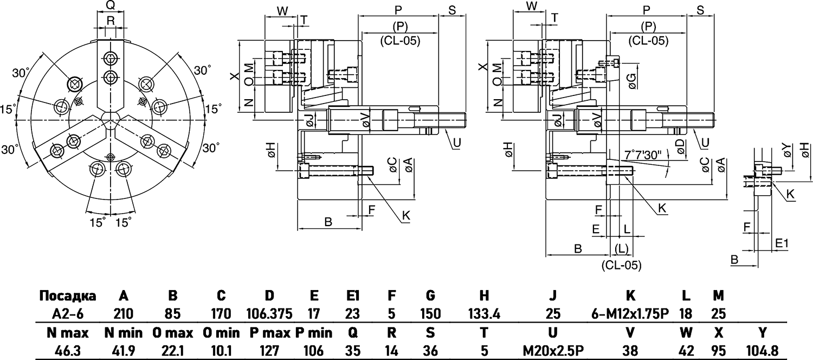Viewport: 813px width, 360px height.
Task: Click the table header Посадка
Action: (x=68, y=296)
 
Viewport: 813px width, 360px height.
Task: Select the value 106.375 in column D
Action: (x=269, y=313)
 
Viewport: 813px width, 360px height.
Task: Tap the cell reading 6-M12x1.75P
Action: (x=630, y=313)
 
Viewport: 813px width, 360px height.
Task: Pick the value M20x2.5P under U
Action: (x=553, y=351)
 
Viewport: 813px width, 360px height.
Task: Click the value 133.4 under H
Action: (x=484, y=313)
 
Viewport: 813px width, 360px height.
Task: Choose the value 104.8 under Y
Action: (x=763, y=351)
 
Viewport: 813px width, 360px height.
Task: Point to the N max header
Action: (x=68, y=332)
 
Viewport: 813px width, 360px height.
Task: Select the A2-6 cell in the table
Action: (x=68, y=313)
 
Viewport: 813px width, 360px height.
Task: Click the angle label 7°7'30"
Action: (x=643, y=155)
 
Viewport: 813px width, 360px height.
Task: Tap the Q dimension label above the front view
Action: (x=111, y=5)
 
